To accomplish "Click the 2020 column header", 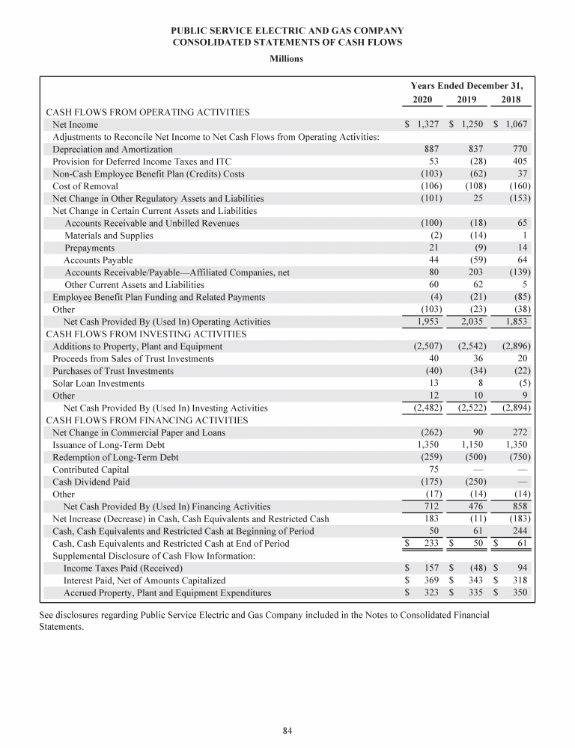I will click(422, 99).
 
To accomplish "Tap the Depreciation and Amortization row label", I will click(107, 149).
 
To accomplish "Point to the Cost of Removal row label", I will click(85, 186).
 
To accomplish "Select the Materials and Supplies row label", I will click(109, 236).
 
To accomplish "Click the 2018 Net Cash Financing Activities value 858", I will click(520, 506).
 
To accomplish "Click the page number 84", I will click(287, 731).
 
